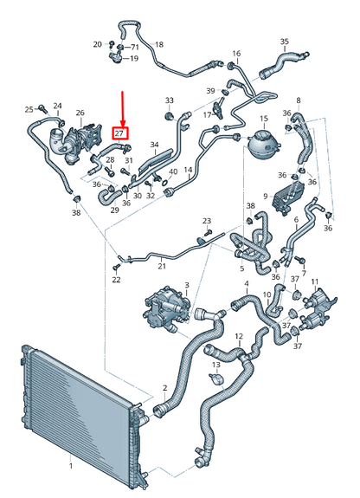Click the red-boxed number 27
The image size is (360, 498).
click(x=120, y=133)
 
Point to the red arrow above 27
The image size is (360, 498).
click(x=123, y=109)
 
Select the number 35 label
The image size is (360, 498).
click(x=285, y=42)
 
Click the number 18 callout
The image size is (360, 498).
click(x=159, y=44)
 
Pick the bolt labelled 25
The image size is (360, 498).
click(x=42, y=108)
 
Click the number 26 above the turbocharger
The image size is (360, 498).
click(x=80, y=113)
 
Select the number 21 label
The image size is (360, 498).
click(x=162, y=266)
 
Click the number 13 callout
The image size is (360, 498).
click(x=216, y=365)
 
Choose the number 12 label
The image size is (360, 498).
click(x=239, y=336)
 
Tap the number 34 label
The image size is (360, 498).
click(x=154, y=145)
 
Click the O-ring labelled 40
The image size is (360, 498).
click(x=164, y=183)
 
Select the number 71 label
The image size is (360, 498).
click(x=135, y=48)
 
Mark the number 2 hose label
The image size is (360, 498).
click(x=164, y=387)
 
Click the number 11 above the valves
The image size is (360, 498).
click(x=315, y=281)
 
